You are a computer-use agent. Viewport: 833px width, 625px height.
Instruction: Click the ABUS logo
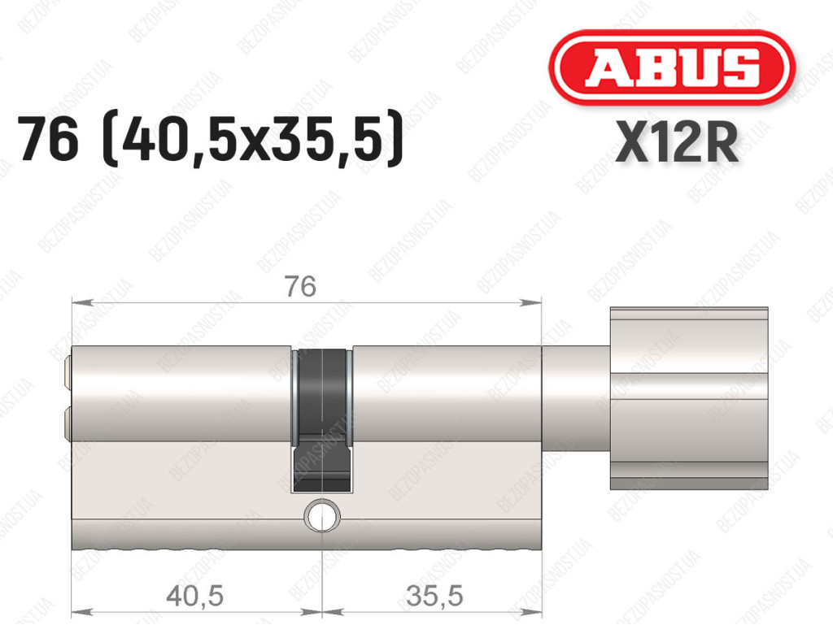click(671, 67)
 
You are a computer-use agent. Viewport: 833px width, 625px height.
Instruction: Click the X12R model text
click(677, 141)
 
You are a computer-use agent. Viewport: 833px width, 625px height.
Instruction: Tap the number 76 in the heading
click(48, 139)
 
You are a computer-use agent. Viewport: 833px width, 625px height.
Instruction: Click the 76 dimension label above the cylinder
click(300, 287)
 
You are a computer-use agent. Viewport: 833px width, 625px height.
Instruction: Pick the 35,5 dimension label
click(434, 595)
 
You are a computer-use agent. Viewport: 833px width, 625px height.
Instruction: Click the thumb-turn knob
click(689, 398)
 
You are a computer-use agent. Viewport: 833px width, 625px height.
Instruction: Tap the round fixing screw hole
click(321, 514)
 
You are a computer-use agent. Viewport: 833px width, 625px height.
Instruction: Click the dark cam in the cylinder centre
click(322, 419)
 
